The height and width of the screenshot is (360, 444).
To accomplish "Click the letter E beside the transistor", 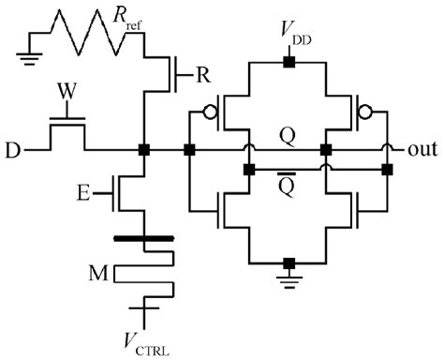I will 85,195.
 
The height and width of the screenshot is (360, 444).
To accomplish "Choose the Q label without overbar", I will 286,136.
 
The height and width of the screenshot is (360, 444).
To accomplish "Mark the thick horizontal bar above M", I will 143,240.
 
